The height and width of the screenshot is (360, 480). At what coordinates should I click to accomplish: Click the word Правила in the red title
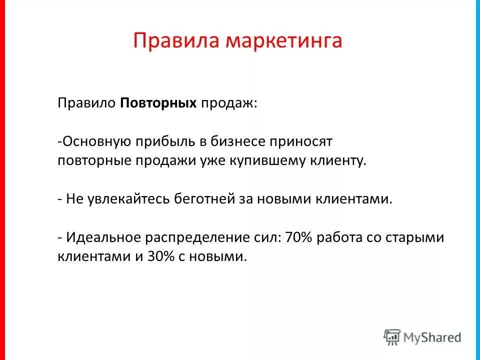tap(170, 40)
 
